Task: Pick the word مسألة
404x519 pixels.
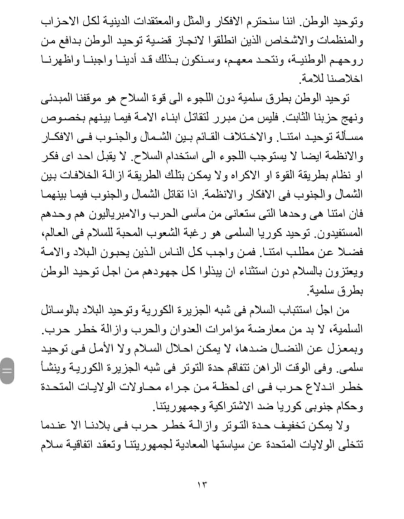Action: [x=348, y=137]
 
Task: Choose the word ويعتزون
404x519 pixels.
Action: [x=344, y=272]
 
